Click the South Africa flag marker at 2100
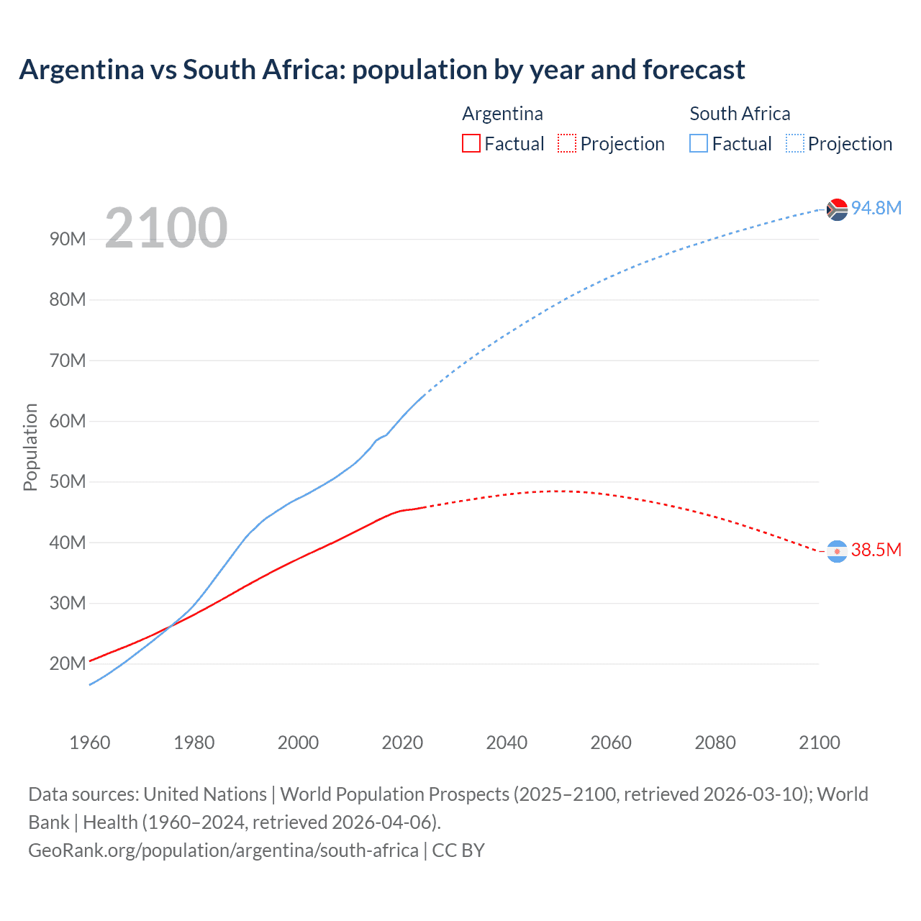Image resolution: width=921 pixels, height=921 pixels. [837, 209]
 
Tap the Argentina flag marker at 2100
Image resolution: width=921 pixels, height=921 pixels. [837, 551]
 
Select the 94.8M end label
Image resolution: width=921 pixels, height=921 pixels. [876, 208]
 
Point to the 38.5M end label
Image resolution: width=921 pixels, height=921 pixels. [876, 550]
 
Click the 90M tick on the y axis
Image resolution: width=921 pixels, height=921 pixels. [68, 240]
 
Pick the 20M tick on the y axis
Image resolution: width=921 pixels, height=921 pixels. [68, 664]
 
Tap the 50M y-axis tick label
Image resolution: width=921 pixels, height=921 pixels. [68, 482]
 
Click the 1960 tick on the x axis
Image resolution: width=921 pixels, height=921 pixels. [90, 743]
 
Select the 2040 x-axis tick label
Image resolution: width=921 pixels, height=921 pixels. [507, 743]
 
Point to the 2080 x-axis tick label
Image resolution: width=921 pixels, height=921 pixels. [715, 743]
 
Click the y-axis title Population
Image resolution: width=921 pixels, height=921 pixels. [30, 447]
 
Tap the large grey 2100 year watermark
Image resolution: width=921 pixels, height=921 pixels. [166, 228]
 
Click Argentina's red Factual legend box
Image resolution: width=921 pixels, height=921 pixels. [471, 144]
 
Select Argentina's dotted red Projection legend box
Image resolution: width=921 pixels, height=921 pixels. [567, 144]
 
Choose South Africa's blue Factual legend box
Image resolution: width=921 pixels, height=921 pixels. [699, 144]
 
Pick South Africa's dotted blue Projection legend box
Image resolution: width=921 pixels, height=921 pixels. [795, 144]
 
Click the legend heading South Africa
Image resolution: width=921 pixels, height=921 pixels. [740, 114]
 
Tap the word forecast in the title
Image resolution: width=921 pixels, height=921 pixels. [694, 70]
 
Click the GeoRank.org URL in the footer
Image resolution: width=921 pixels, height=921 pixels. [223, 850]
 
